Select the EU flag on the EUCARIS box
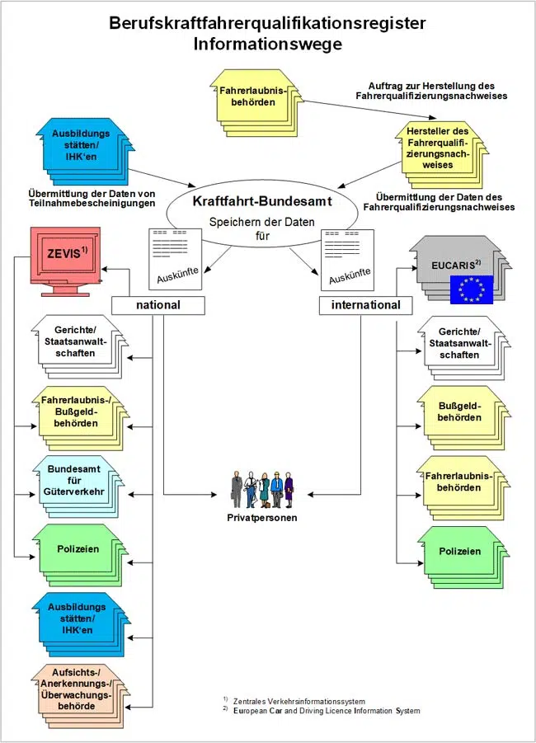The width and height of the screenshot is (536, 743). [471, 289]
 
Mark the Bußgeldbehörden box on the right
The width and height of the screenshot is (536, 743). [459, 411]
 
